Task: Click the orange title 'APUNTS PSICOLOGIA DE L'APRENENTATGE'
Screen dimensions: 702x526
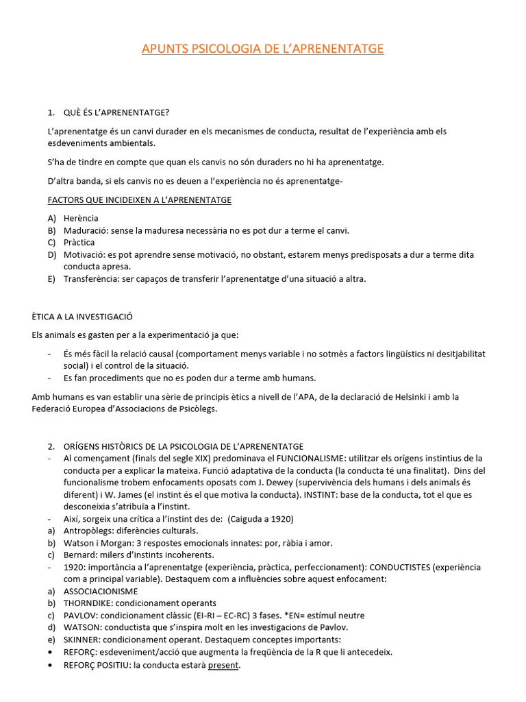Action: (262, 49)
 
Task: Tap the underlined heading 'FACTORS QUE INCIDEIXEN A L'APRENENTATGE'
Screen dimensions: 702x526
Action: (139, 199)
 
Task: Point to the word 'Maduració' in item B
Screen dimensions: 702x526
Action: (86, 230)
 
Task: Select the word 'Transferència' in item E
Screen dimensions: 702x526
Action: (92, 279)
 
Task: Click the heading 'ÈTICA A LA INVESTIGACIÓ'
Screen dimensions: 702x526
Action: (82, 317)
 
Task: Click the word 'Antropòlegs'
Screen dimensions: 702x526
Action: (88, 531)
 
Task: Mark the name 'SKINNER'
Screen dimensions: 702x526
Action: (82, 640)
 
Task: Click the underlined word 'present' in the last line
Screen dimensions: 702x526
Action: (224, 665)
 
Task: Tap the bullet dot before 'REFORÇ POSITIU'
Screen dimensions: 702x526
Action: (51, 665)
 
